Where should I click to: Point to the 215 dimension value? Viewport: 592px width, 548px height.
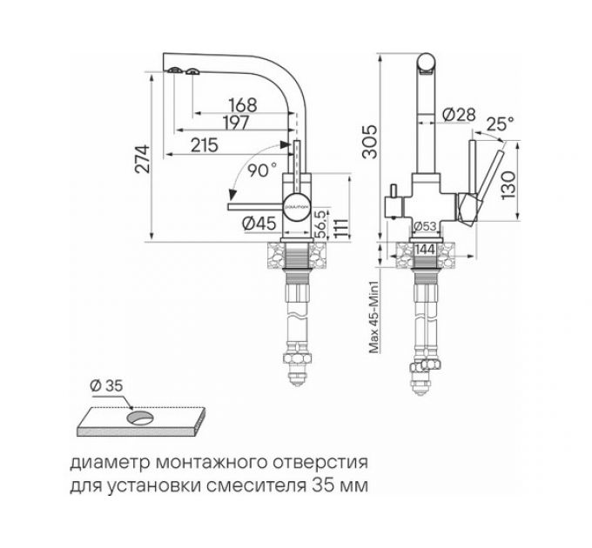[x=203, y=146]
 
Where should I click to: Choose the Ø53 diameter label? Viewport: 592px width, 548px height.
[x=425, y=227]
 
